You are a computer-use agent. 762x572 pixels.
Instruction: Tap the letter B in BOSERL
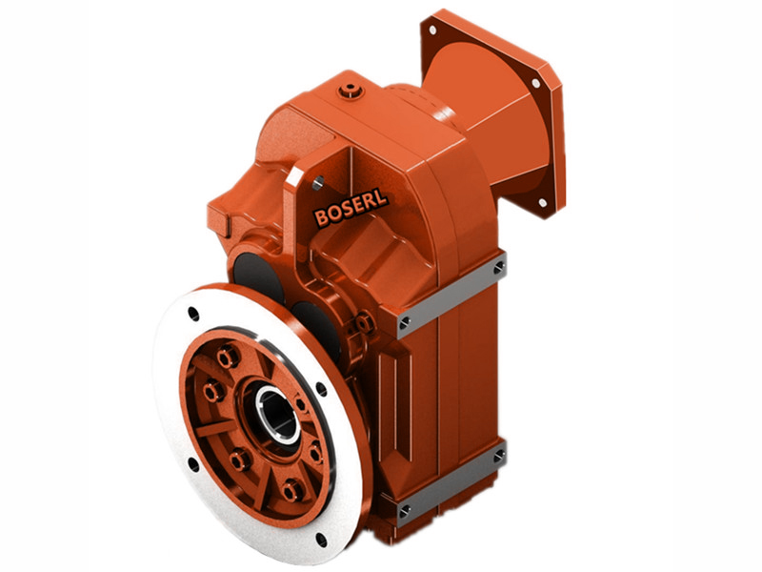pos(321,219)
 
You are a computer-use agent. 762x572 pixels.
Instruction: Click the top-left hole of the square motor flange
pos(431,31)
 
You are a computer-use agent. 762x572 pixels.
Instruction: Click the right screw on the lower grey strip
pos(498,458)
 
